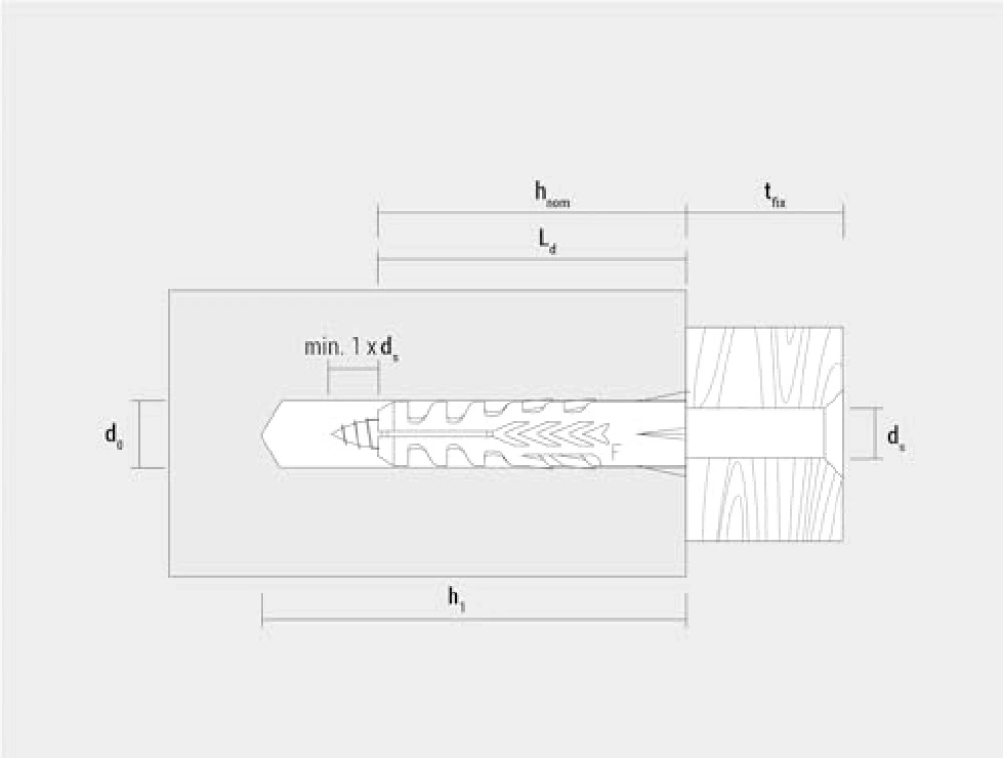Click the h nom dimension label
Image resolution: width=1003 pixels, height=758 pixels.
[551, 193]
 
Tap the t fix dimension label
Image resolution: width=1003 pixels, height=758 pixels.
[774, 195]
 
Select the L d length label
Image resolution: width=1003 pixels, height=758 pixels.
[547, 241]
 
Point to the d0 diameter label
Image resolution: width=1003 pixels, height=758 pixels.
[114, 436]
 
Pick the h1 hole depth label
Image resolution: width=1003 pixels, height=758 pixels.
[456, 599]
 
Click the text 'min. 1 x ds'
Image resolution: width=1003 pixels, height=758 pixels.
[352, 349]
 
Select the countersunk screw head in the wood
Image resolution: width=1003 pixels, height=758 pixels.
[833, 434]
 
